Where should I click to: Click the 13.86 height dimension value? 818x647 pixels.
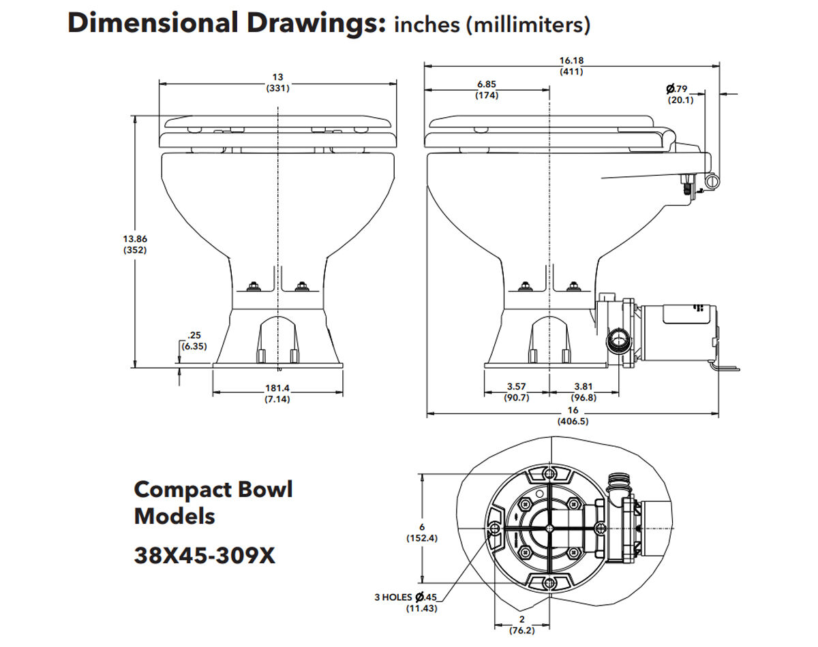click(x=135, y=239)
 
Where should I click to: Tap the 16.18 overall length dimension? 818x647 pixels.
click(x=571, y=61)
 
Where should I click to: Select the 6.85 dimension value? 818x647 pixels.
click(x=487, y=84)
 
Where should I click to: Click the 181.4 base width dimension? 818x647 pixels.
click(x=277, y=388)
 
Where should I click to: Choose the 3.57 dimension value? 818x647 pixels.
click(x=516, y=387)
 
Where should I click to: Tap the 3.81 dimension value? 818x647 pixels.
click(x=584, y=387)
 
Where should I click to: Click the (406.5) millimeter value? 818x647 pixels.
click(x=572, y=421)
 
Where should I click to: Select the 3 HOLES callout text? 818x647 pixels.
click(x=393, y=597)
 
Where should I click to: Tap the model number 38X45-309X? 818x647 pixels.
click(x=204, y=556)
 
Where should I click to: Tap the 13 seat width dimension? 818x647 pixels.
click(x=277, y=78)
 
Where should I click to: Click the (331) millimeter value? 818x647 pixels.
click(x=277, y=88)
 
